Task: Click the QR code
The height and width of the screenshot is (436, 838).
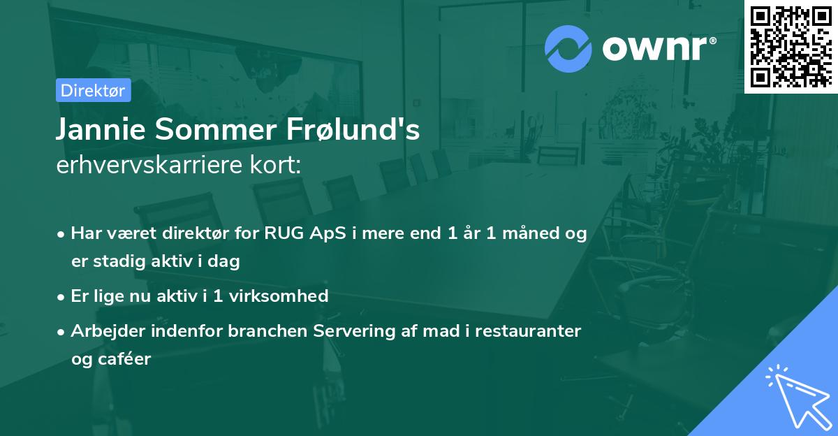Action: (791, 46)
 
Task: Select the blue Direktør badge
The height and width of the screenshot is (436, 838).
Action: (93, 90)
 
